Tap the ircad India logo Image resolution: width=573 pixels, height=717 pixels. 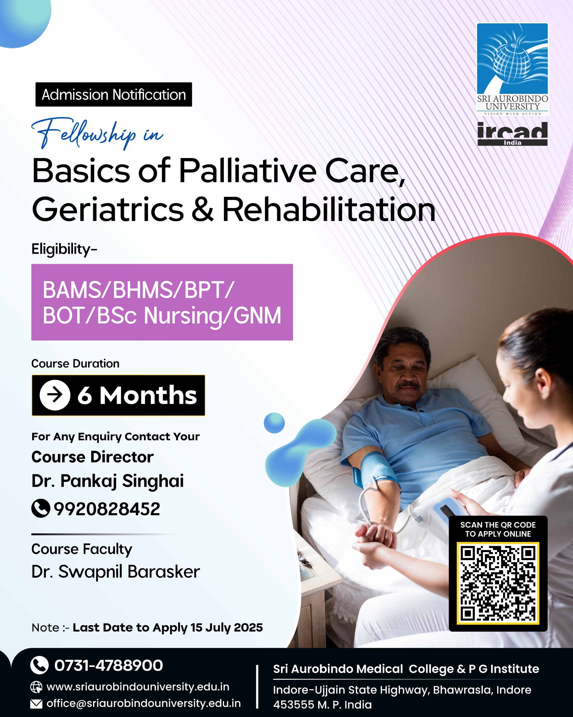click(x=513, y=134)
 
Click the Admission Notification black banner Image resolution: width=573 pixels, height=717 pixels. click(x=114, y=94)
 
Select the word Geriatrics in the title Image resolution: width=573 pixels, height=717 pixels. click(x=108, y=209)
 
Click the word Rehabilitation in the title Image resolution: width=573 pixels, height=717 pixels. click(x=328, y=209)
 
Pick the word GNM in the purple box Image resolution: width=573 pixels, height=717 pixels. click(x=257, y=315)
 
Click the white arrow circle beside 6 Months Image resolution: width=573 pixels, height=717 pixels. click(x=55, y=395)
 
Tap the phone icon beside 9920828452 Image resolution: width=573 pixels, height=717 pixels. click(x=41, y=509)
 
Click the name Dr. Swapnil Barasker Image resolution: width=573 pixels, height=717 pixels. click(x=116, y=572)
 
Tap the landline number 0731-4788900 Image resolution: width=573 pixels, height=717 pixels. click(x=109, y=665)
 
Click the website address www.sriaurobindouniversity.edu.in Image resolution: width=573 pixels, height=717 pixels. click(x=138, y=687)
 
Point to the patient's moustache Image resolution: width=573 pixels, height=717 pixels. click(x=408, y=385)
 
